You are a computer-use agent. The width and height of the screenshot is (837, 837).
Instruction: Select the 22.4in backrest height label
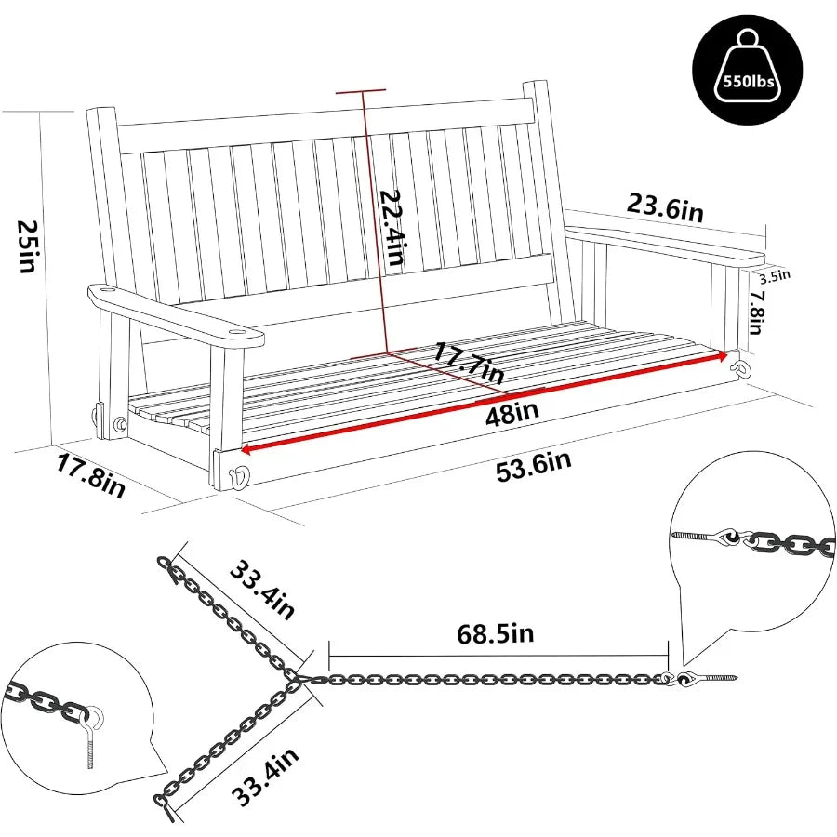coord(390,224)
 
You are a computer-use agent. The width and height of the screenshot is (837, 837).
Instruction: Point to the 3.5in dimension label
coord(775,274)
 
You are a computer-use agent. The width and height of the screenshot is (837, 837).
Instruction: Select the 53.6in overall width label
coord(534,462)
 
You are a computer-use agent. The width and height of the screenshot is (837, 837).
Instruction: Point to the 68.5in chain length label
coord(496,634)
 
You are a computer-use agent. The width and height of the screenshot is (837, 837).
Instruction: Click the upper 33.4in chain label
coord(260,588)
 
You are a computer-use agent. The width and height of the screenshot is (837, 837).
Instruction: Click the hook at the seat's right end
coord(741,366)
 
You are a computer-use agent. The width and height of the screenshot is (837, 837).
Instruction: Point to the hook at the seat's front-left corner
coord(240,476)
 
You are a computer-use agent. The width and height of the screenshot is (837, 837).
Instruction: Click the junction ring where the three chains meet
coord(297,683)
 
